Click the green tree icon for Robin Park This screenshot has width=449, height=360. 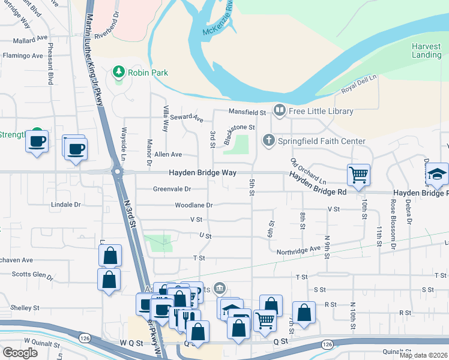[119, 73]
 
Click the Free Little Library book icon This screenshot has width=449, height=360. [279, 110]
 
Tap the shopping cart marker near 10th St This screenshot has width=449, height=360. [358, 175]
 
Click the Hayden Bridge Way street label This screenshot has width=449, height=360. [202, 172]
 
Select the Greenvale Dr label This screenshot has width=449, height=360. [172, 189]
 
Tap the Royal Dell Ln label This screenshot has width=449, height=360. [358, 84]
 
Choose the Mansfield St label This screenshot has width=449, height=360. [247, 112]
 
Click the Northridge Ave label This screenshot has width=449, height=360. [298, 249]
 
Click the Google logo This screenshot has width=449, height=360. [20, 352]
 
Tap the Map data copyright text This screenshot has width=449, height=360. [423, 355]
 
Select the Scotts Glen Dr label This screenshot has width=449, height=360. [33, 274]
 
